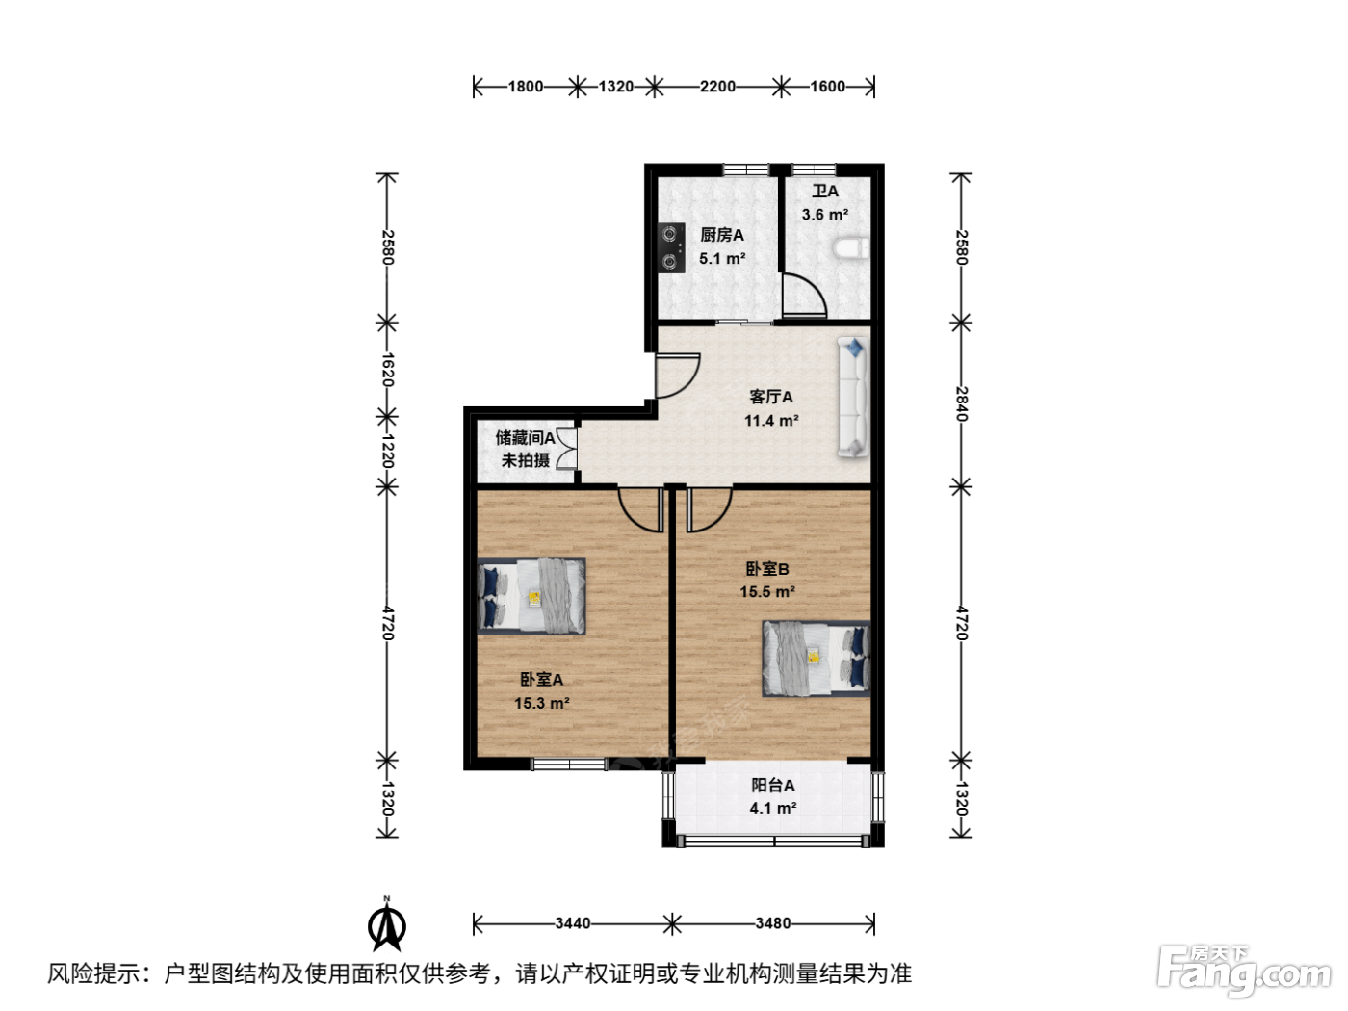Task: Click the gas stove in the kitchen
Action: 671,247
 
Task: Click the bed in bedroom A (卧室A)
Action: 531,595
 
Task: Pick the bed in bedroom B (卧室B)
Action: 817,659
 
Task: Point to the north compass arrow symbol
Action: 387,923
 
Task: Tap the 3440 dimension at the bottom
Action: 572,923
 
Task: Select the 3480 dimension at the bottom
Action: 772,923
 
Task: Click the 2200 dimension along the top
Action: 717,87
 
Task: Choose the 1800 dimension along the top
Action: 525,87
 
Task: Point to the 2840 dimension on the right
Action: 962,403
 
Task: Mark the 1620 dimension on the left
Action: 387,370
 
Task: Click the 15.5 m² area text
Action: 767,592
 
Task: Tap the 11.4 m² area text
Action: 771,421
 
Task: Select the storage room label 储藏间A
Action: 525,438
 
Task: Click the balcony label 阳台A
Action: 773,785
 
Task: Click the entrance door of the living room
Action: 678,376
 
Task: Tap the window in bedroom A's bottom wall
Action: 569,765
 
